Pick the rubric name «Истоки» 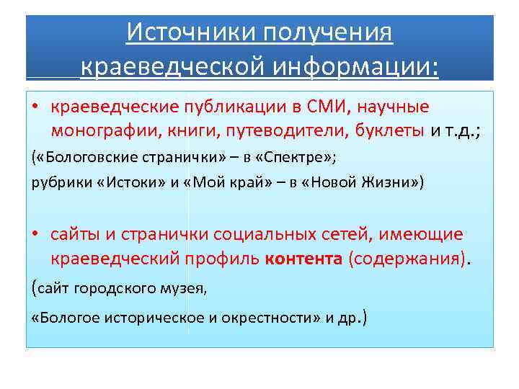[x=120, y=182]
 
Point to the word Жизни [x=390, y=182]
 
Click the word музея [x=186, y=289]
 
